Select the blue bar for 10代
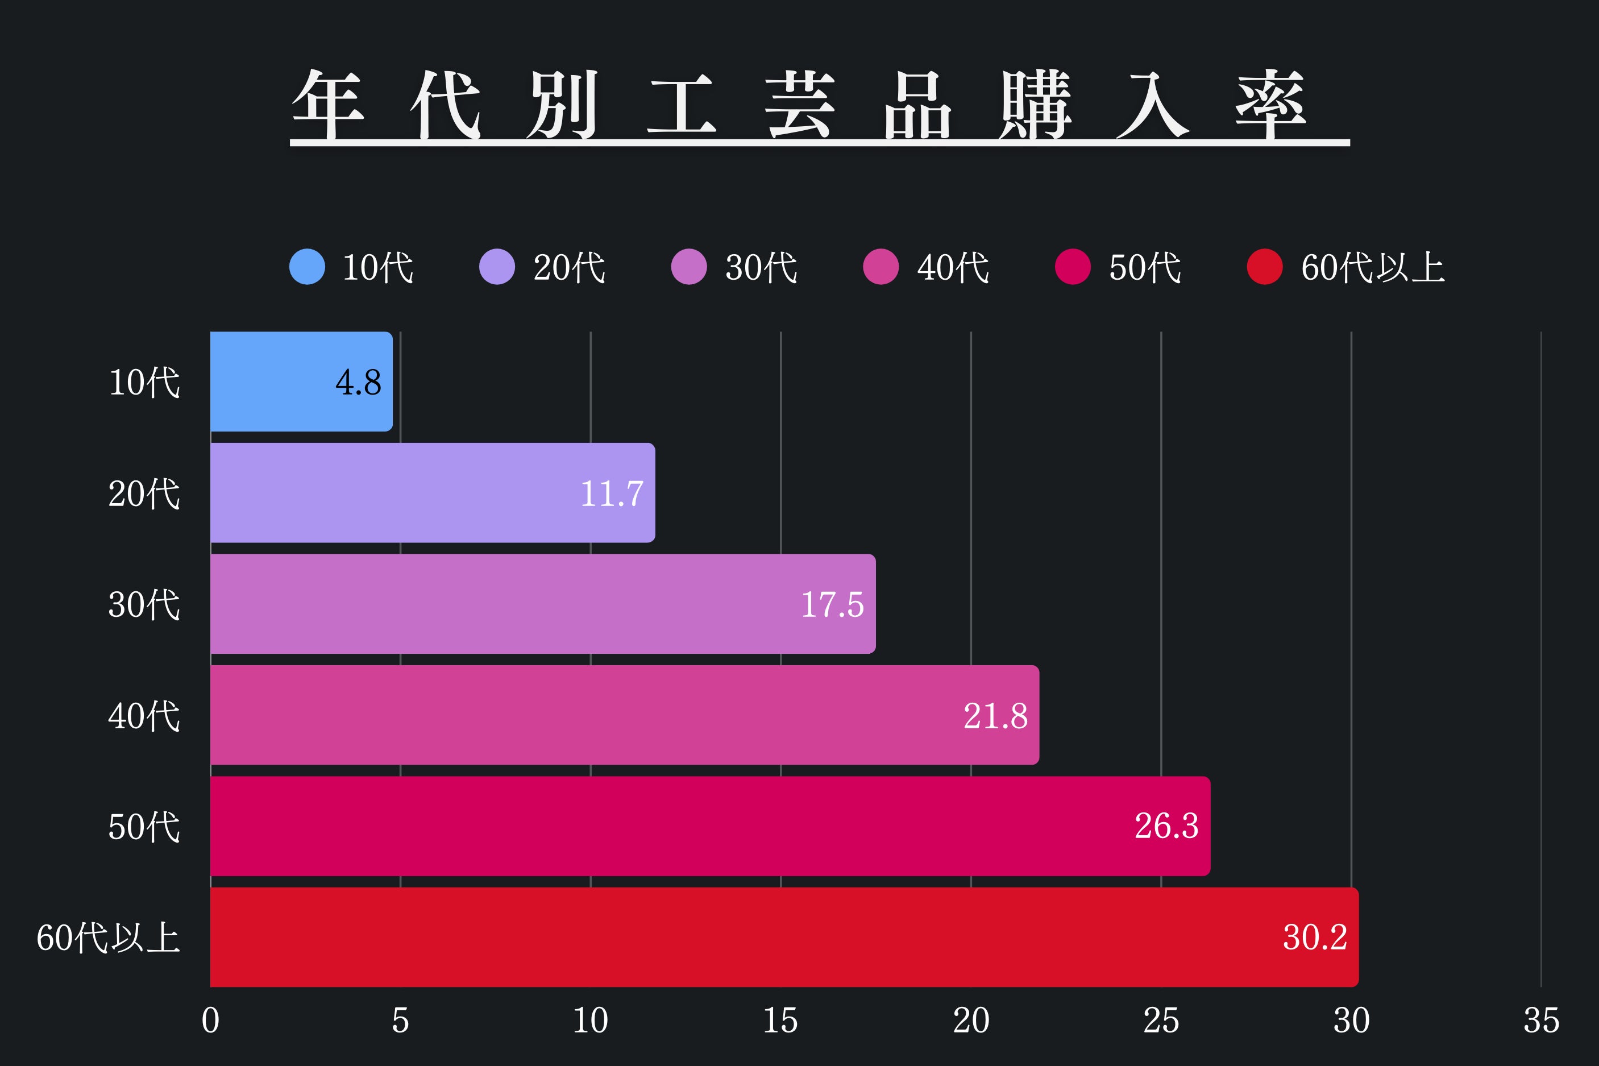301,381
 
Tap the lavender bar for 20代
432,493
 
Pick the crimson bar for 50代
709,826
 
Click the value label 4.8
358,382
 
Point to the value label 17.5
832,604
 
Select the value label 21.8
995,716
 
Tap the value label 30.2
1314,938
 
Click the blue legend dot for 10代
307,267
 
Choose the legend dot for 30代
689,267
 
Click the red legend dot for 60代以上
1265,267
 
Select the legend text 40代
953,267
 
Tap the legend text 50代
1144,267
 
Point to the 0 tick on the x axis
211,1021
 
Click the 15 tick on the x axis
780,1021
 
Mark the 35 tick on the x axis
1540,1021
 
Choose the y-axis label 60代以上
108,938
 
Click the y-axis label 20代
144,493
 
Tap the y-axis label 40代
144,716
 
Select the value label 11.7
611,493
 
